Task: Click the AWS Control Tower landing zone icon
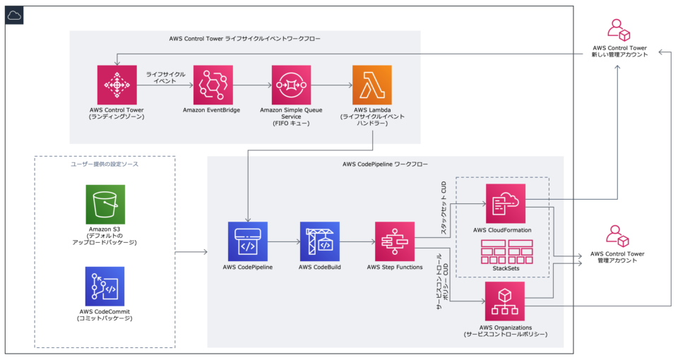point(117,85)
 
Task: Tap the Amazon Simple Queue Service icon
point(291,85)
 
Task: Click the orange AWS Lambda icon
point(371,85)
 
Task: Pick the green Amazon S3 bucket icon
point(105,205)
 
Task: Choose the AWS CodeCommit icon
point(105,286)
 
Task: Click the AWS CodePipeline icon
point(247,241)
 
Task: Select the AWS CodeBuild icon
point(319,241)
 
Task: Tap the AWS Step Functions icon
point(394,241)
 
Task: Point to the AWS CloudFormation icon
point(505,203)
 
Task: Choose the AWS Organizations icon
point(505,301)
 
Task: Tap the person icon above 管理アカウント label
point(617,236)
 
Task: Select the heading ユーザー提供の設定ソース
point(105,164)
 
